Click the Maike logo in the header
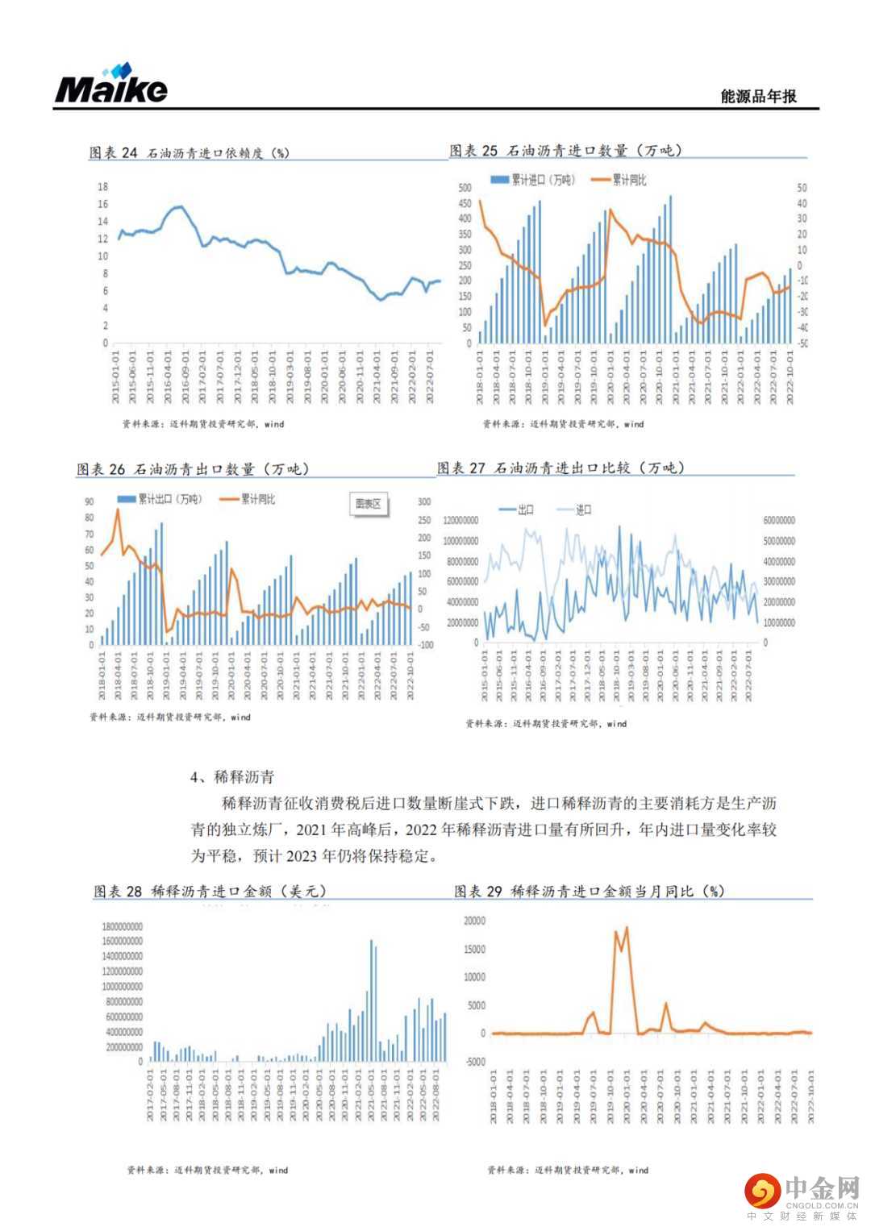(x=111, y=85)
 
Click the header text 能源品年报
(x=758, y=96)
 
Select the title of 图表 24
(x=189, y=152)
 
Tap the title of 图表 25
(x=565, y=151)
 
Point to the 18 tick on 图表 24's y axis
(x=102, y=187)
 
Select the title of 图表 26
(x=193, y=468)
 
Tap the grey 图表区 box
(x=369, y=504)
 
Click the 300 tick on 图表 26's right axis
(x=423, y=502)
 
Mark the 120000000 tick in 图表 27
(x=461, y=521)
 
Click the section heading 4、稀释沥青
(x=232, y=777)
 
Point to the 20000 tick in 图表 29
(x=474, y=921)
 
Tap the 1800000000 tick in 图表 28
(x=122, y=927)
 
